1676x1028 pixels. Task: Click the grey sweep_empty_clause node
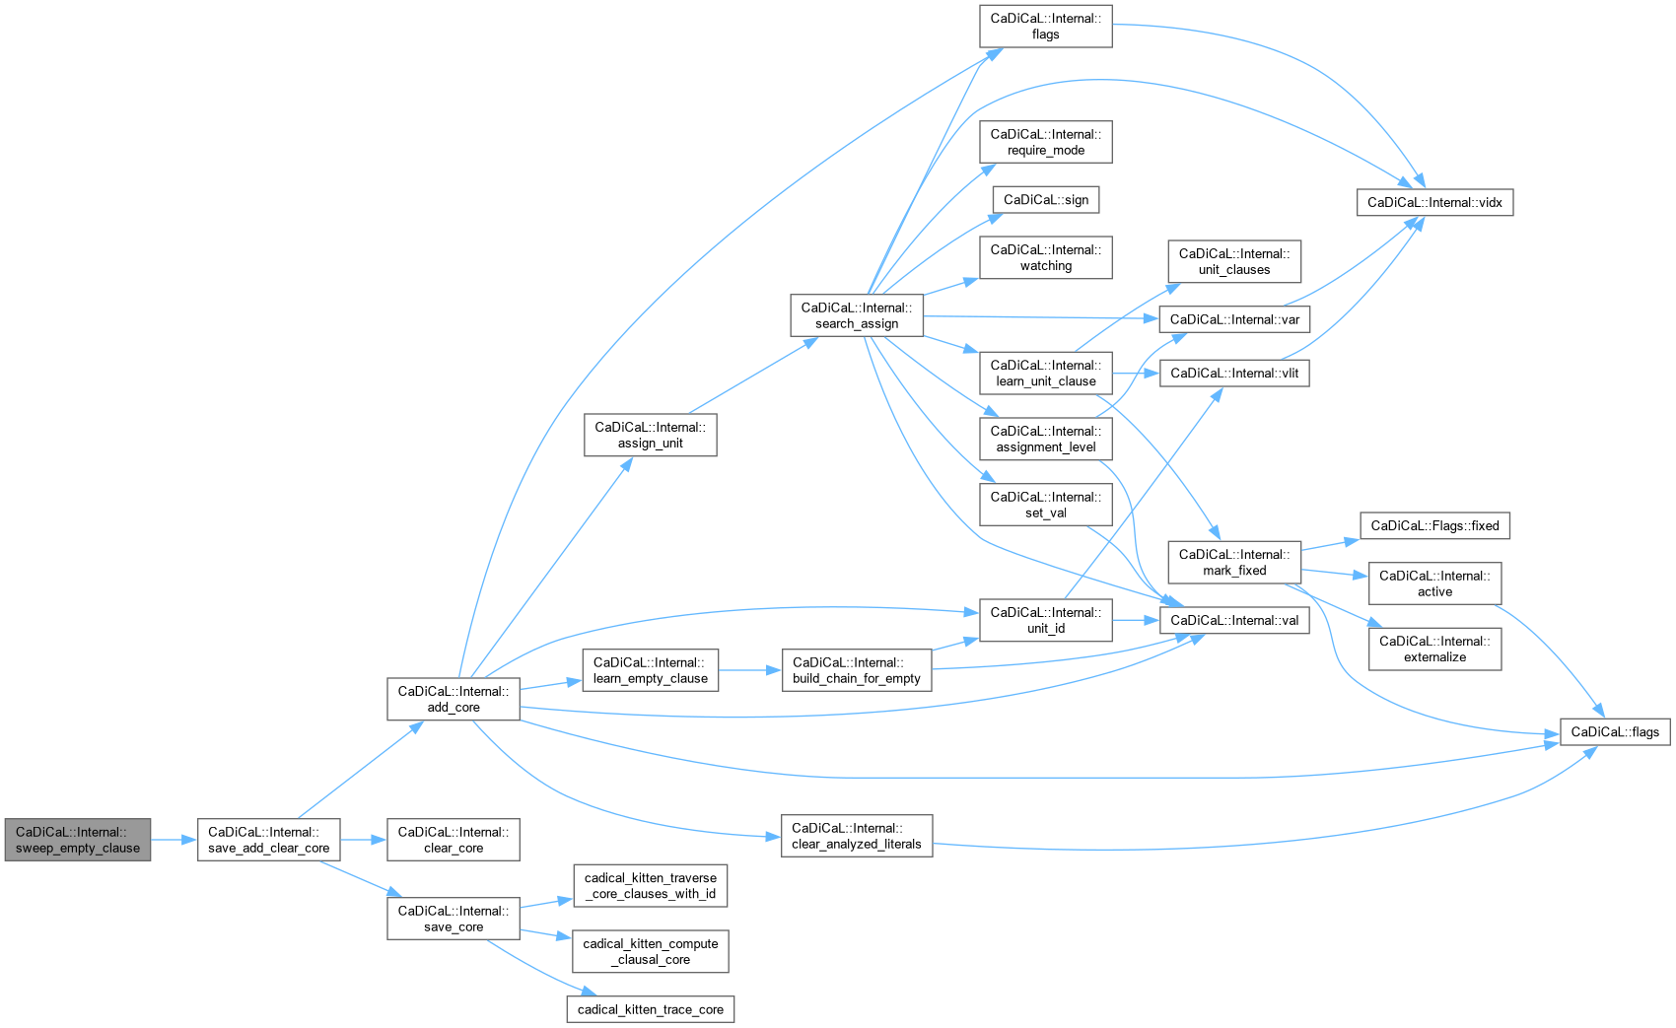point(78,840)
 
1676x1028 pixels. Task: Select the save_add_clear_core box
point(268,840)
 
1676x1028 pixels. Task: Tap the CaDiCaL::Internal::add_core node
point(454,699)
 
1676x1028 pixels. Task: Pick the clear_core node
point(454,840)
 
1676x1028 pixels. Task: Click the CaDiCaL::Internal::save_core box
point(454,919)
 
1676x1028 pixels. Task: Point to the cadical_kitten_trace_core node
point(651,1009)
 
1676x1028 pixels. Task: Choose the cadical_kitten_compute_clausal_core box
point(651,951)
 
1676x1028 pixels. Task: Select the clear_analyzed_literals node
point(856,836)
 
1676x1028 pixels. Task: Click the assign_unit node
point(650,435)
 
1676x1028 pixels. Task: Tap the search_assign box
point(856,315)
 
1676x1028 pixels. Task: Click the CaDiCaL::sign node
point(1045,199)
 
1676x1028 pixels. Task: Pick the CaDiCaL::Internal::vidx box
point(1434,202)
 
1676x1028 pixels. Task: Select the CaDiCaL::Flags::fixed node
point(1434,525)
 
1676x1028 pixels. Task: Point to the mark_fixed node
point(1233,562)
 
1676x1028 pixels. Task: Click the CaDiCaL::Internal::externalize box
point(1434,649)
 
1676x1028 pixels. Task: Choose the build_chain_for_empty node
point(856,670)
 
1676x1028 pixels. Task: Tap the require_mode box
point(1045,142)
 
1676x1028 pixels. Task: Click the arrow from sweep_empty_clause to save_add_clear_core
point(175,840)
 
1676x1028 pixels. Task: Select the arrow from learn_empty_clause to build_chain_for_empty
point(749,670)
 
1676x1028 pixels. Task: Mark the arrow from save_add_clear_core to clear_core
point(364,840)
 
